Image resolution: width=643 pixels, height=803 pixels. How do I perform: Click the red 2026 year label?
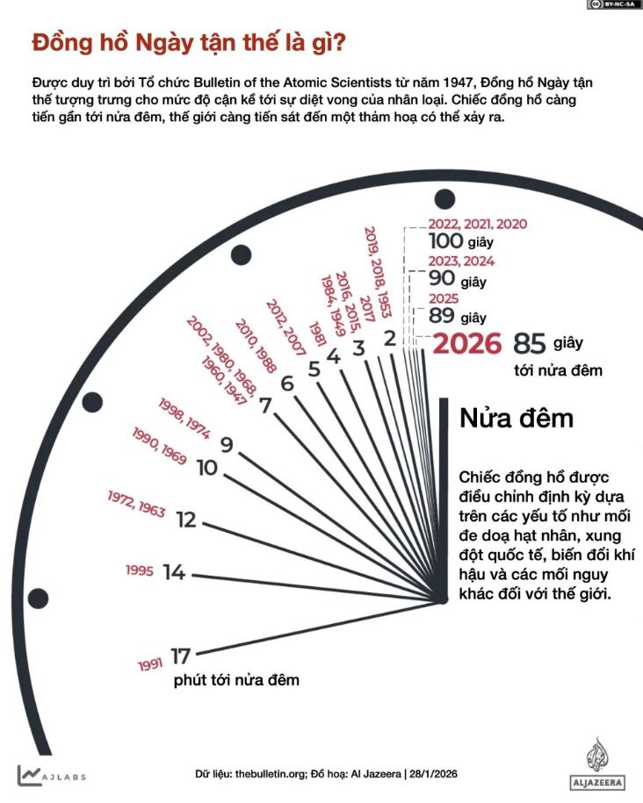467,343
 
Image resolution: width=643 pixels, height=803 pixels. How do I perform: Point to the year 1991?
150,664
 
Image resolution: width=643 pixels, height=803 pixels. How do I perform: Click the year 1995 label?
140,571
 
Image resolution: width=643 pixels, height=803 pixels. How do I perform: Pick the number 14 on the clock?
174,572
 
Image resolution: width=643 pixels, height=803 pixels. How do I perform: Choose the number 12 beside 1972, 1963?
185,520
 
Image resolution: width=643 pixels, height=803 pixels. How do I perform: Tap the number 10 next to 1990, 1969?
206,468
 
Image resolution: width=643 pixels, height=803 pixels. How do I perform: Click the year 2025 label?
444,298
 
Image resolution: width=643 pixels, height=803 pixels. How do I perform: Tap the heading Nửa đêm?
517,418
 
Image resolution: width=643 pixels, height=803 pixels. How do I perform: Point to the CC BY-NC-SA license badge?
613,5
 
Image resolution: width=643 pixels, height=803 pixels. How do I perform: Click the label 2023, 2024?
461,262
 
